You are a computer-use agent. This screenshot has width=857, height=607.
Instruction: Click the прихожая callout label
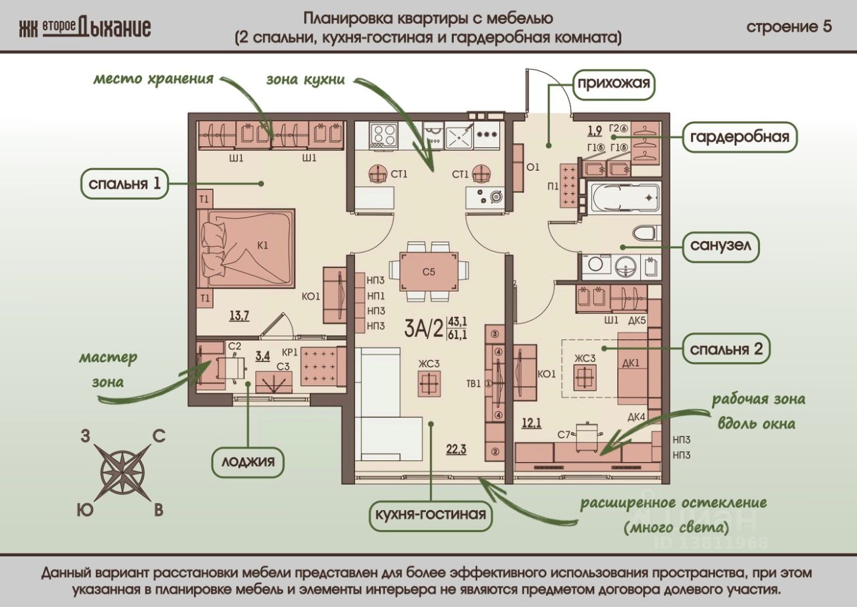coord(614,84)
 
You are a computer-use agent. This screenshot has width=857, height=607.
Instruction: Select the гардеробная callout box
coord(740,137)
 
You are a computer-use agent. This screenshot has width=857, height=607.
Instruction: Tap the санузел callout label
coord(721,247)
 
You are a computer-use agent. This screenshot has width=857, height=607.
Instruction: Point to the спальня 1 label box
coord(125,184)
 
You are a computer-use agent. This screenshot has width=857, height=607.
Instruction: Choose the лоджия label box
coord(248,462)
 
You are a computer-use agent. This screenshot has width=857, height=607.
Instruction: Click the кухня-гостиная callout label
coord(431,515)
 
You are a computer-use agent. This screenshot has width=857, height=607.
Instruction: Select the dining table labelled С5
coord(428,271)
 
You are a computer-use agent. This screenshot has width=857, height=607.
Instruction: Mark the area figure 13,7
coord(240,316)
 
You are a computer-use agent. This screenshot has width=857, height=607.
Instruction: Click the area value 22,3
coord(456,449)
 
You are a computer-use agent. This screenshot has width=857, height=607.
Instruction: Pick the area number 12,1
coord(532,423)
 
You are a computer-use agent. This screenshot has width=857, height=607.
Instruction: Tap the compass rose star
coord(123,468)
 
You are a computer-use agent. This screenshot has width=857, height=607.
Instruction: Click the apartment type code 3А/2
coord(424,328)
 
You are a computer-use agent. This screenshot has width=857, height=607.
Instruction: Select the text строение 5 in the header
coord(789,27)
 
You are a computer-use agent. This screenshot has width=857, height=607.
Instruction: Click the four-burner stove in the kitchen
coord(384,137)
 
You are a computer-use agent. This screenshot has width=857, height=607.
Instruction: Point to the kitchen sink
coord(459,136)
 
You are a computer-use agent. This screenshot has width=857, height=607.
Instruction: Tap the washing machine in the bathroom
coord(596,266)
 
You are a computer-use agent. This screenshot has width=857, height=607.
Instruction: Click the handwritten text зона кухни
coord(305,80)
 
